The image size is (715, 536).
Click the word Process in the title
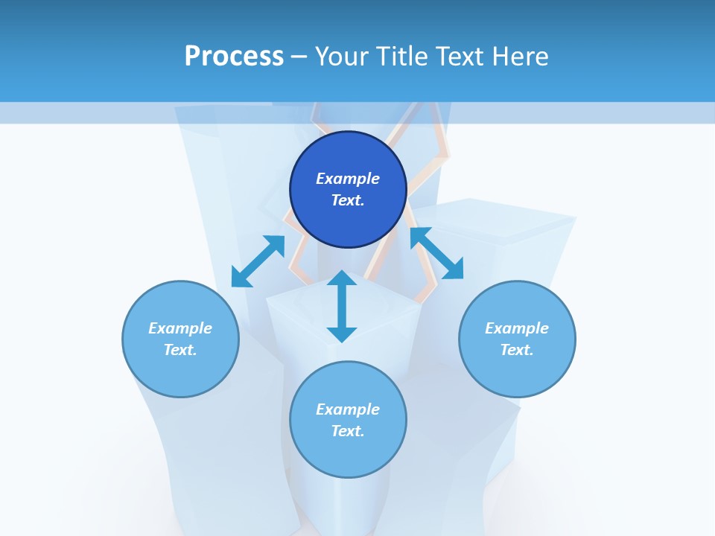click(x=234, y=57)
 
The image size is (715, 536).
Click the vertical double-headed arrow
click(x=342, y=306)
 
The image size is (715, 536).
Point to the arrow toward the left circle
click(x=258, y=261)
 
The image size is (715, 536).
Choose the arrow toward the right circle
click(x=436, y=253)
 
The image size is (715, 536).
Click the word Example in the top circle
click(x=348, y=179)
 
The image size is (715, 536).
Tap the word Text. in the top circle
click(x=348, y=200)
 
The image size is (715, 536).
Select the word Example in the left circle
click(x=180, y=328)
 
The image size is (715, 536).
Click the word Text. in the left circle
click(x=180, y=350)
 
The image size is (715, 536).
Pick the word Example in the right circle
click(x=517, y=328)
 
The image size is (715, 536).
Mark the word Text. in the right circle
click(x=517, y=350)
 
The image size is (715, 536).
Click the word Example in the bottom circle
click(x=348, y=409)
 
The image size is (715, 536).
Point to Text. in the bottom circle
click(x=348, y=431)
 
